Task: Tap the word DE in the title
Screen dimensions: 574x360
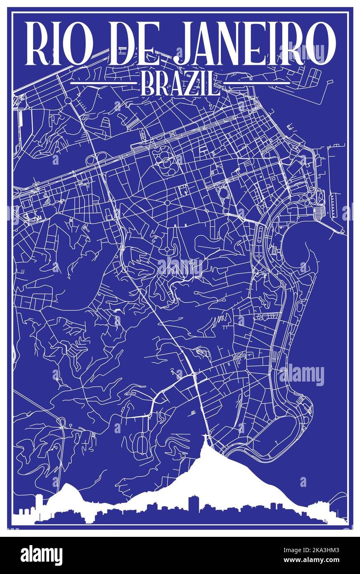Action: point(133,43)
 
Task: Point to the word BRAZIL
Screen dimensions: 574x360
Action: point(180,83)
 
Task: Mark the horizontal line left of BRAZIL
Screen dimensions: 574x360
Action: point(103,83)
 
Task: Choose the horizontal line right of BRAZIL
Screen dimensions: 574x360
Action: point(257,83)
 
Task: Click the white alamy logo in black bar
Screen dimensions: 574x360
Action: point(41,555)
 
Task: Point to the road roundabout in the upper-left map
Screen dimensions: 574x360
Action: point(68,100)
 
